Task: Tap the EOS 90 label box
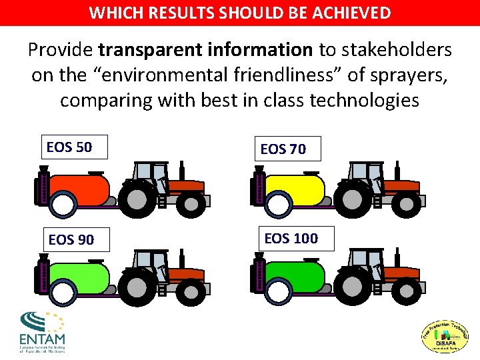tap(71, 239)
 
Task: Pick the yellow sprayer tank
tap(294, 189)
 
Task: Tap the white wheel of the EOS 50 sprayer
tap(65, 204)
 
